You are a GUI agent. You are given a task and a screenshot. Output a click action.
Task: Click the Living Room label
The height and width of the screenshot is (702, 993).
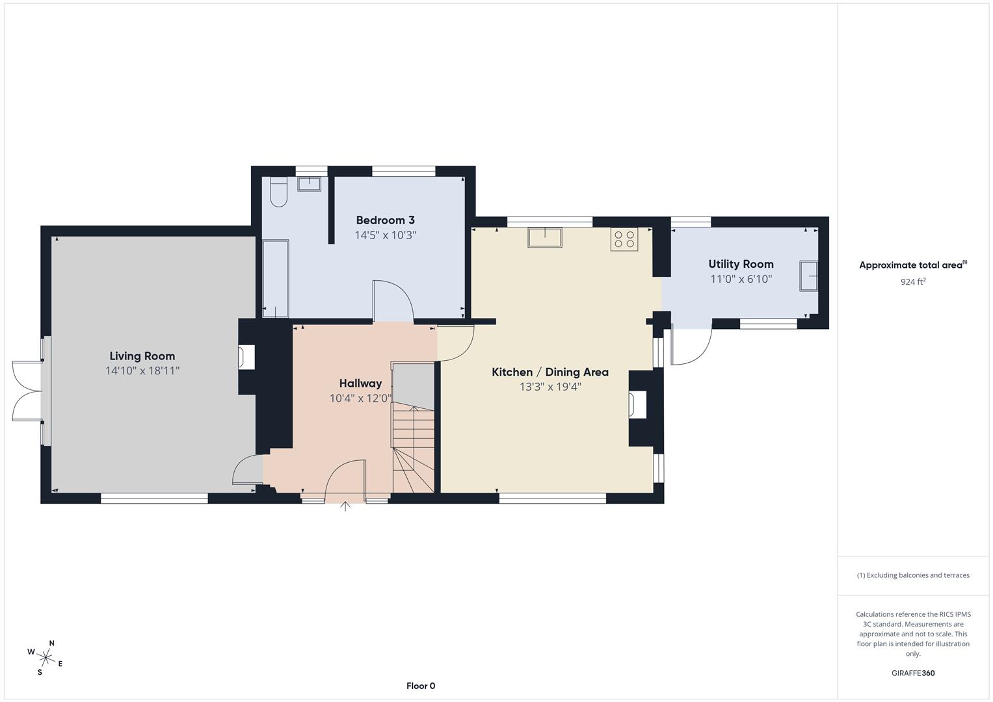[142, 356]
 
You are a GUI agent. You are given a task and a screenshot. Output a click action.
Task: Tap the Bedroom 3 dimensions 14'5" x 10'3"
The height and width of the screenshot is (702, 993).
[385, 235]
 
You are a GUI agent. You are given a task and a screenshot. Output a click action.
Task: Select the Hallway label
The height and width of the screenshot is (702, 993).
[360, 383]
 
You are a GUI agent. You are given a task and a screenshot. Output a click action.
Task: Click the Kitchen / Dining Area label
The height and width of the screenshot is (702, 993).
[549, 372]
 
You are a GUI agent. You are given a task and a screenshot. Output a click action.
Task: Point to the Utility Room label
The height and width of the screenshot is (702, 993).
[741, 264]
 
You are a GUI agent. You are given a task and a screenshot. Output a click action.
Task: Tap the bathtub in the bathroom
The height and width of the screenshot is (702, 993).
[275, 279]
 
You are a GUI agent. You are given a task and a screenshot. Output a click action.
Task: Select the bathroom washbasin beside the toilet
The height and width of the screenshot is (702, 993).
[309, 184]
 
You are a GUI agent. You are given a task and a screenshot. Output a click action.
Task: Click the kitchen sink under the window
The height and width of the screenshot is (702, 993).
[544, 238]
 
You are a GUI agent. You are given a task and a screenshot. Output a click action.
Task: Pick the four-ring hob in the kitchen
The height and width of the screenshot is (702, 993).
[624, 240]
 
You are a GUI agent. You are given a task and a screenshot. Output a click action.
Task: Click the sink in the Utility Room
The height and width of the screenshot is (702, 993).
[808, 276]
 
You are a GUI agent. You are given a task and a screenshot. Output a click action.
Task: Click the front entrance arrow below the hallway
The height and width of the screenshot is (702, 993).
[345, 506]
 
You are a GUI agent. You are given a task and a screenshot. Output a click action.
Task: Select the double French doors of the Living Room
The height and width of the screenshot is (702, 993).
[27, 391]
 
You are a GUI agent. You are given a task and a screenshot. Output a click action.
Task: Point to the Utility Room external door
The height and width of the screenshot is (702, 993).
[691, 344]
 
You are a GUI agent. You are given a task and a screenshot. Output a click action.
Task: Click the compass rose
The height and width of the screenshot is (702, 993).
[45, 657]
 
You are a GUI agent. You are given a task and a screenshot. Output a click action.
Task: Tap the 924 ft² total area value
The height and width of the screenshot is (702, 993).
[912, 282]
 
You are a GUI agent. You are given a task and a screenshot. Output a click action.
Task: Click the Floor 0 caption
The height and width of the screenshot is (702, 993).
[421, 686]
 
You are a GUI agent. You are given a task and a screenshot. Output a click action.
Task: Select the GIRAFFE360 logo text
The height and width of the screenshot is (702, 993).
[912, 673]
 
